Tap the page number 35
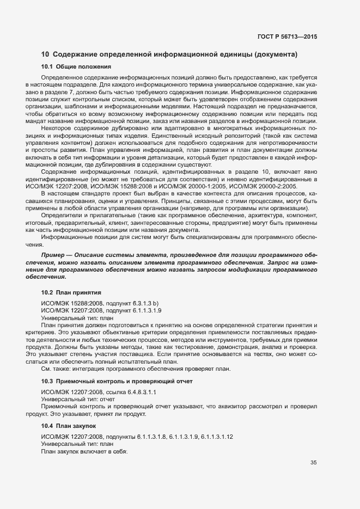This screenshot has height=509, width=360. click(313, 463)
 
